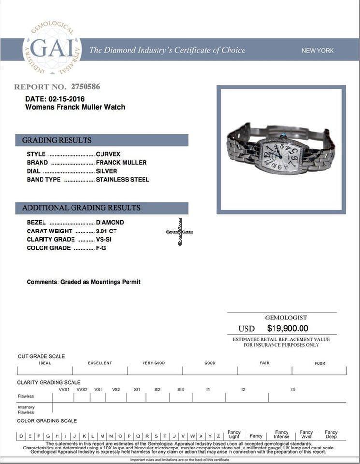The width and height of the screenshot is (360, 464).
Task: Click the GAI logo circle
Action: point(52,48)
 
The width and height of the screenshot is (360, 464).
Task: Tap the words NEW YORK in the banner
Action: point(317,50)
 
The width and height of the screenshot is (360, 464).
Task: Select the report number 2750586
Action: point(86,87)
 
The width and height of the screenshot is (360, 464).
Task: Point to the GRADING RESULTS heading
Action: point(57,140)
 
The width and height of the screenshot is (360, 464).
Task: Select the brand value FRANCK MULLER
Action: point(121,163)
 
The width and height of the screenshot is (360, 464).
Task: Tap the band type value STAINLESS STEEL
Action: point(122,180)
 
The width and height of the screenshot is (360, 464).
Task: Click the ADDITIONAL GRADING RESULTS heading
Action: point(81,208)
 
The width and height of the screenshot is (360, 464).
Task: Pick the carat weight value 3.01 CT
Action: point(106,231)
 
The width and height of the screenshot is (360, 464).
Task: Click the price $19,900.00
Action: point(288,328)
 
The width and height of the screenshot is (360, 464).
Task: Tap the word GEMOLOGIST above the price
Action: point(286,318)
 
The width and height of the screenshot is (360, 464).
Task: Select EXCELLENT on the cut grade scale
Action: point(100,363)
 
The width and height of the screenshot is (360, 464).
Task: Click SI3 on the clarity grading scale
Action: point(180,389)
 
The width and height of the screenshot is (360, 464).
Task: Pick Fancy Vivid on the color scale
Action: point(306,434)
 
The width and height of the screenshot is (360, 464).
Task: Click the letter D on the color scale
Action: point(21,436)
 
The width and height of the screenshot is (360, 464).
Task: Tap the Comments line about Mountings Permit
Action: point(84,282)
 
